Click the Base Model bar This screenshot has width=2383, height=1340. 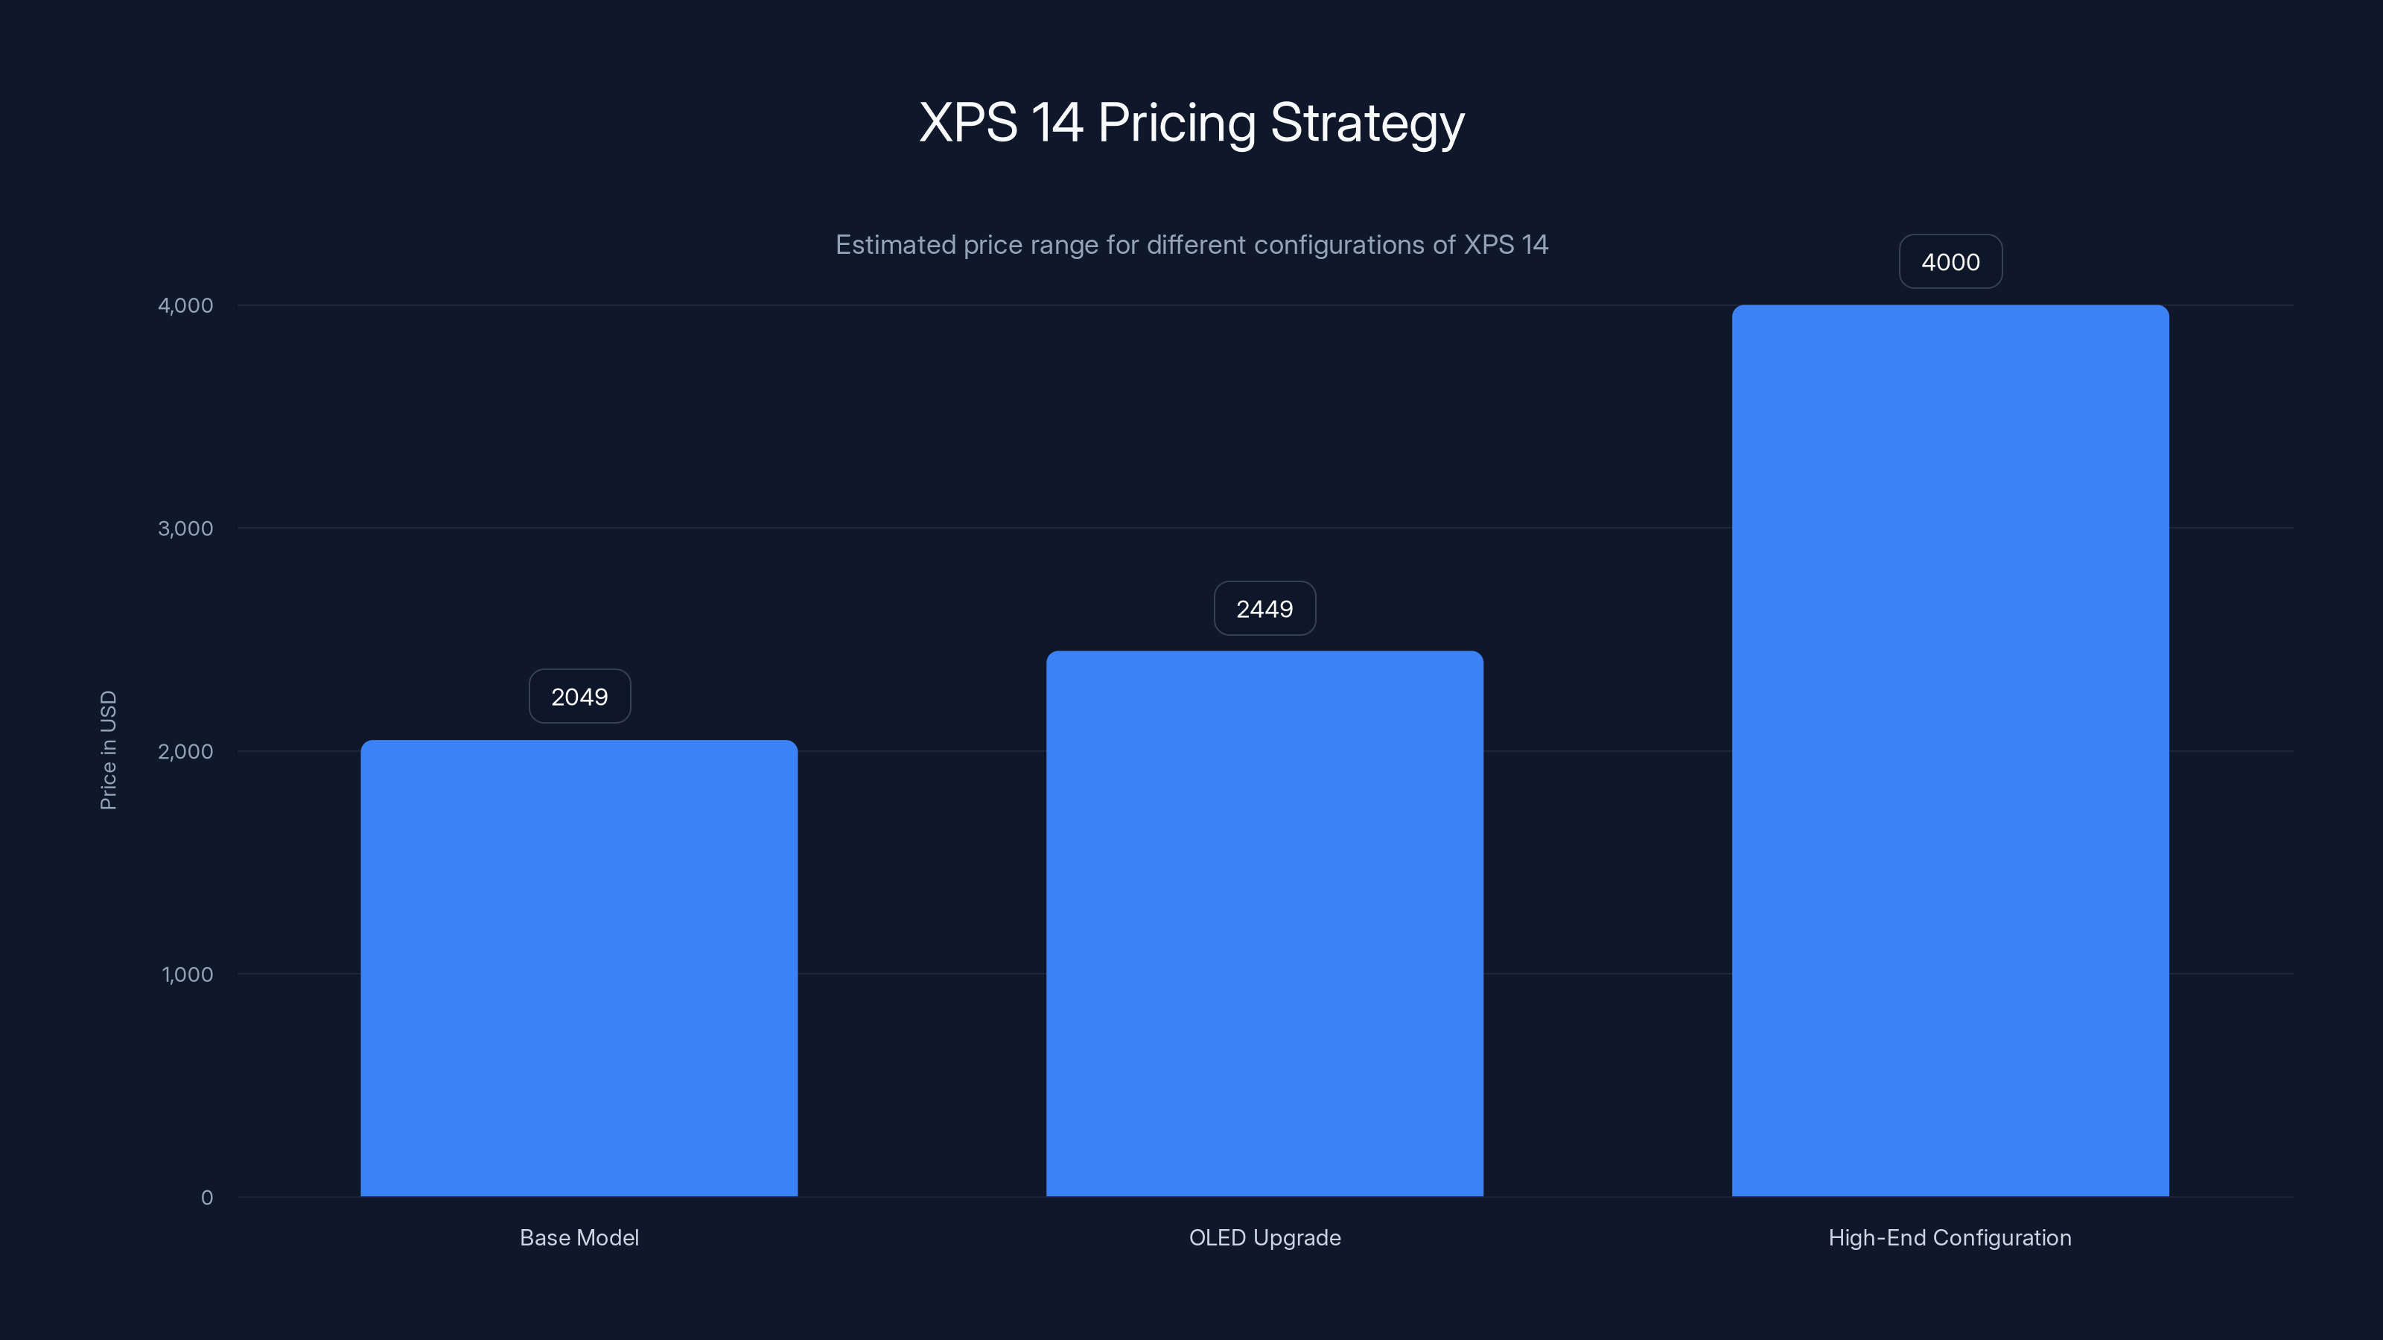click(579, 969)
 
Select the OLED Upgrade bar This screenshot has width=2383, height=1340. click(1264, 924)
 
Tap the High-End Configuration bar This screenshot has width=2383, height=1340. click(1950, 751)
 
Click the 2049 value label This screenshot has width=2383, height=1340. click(579, 696)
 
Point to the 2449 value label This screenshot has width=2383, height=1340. click(1264, 608)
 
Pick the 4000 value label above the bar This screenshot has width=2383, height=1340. click(1950, 262)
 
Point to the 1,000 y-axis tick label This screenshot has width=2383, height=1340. click(187, 974)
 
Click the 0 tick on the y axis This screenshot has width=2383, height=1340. click(206, 1198)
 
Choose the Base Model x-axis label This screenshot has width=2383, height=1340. click(579, 1237)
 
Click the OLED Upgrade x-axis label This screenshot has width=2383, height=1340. click(1264, 1237)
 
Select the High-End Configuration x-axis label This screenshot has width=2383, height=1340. click(1950, 1237)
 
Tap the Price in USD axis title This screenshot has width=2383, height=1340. click(108, 750)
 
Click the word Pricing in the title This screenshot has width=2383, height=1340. click(1177, 123)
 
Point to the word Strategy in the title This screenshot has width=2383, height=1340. click(1367, 123)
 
